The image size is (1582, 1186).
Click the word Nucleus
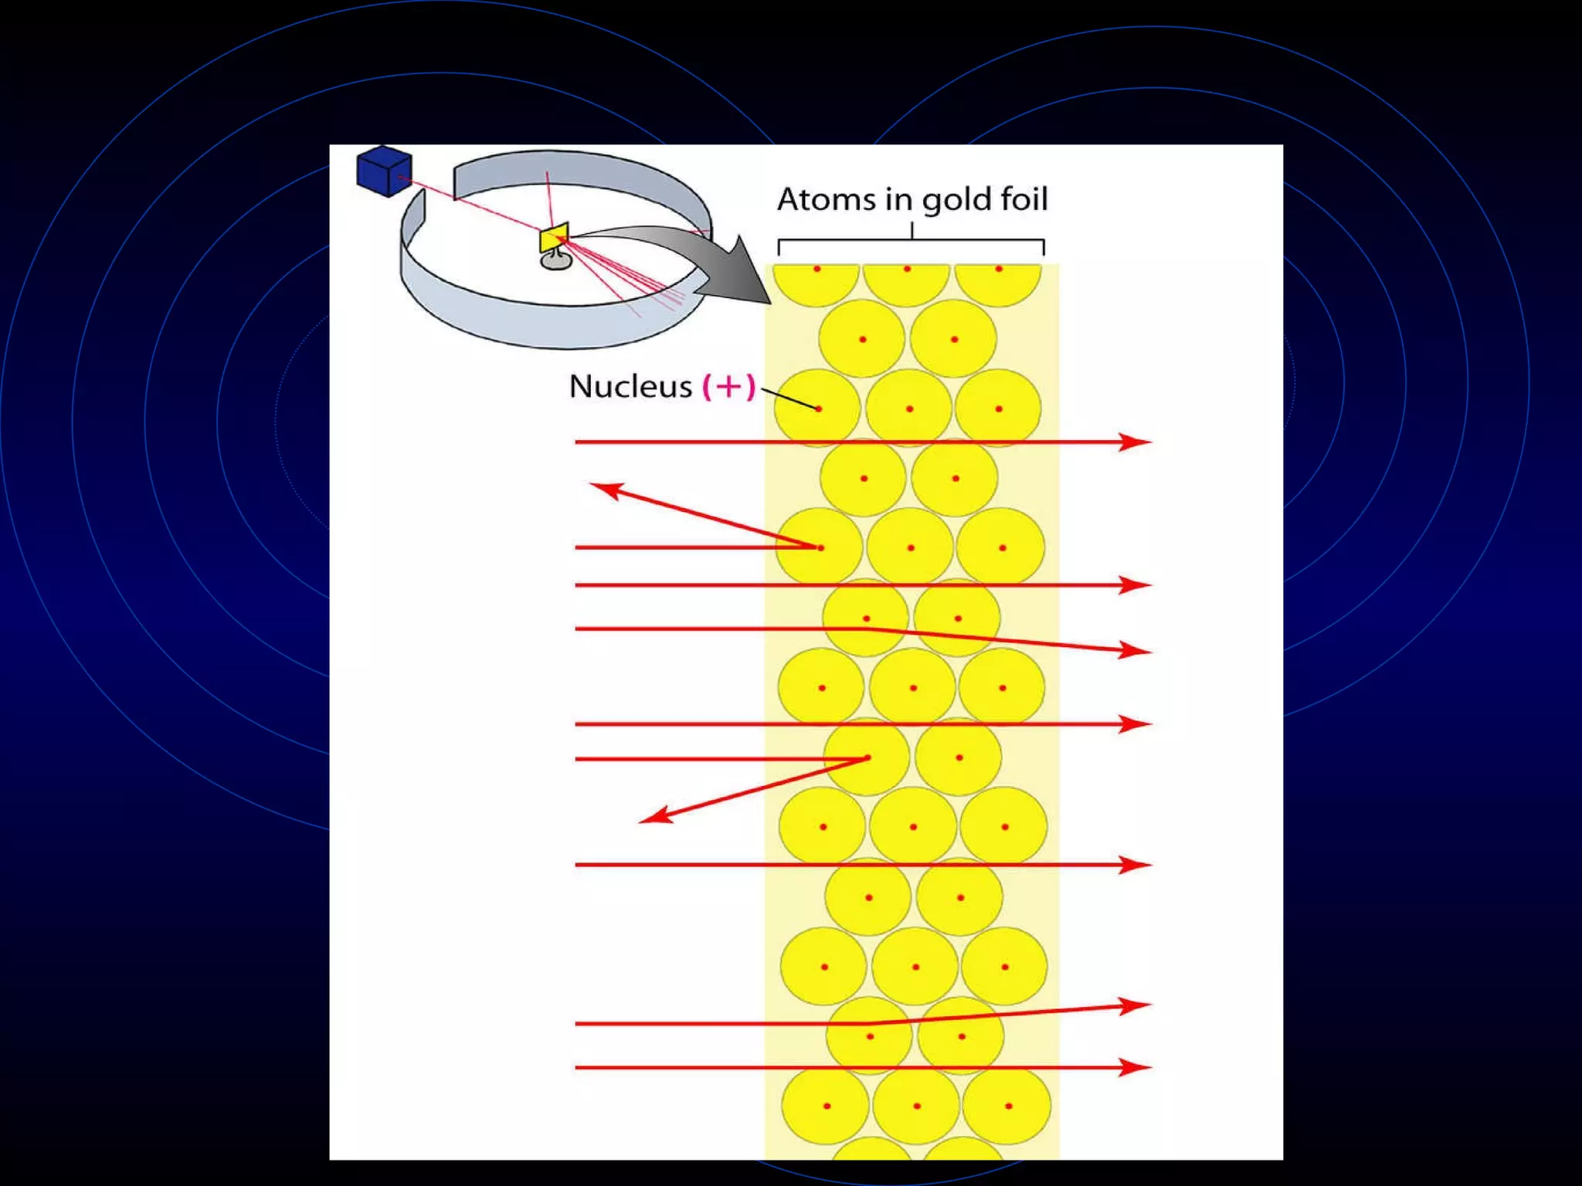click(630, 386)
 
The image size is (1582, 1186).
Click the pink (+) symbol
click(728, 386)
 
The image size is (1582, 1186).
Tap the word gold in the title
click(956, 200)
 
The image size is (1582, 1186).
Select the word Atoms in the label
click(826, 199)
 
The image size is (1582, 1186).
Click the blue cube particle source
click(383, 171)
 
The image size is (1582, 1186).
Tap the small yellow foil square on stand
click(553, 238)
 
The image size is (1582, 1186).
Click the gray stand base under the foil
click(555, 262)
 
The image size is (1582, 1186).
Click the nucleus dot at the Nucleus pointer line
click(818, 408)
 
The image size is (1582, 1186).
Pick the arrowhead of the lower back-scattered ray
click(655, 816)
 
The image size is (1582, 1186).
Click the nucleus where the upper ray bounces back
click(820, 547)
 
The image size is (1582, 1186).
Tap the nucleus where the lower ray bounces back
click(868, 757)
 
